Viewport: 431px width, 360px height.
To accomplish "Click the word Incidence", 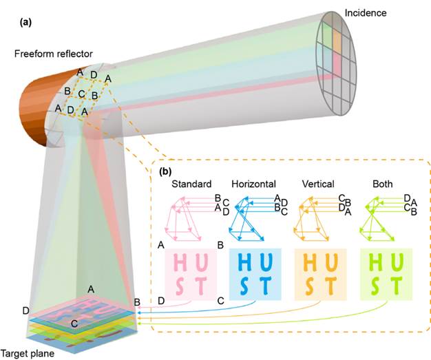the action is coord(366,13).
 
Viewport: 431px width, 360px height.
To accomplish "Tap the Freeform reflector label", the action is coord(53,54).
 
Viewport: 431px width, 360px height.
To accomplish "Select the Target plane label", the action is coord(28,353).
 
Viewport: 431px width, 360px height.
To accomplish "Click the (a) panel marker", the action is coord(26,23).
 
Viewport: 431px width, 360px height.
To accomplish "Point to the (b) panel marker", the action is coord(165,172).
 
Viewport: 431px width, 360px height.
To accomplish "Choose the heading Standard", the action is coord(191,184).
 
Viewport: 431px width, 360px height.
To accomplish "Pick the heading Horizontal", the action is coord(253,184).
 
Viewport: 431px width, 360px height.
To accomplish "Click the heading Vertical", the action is coord(318,184).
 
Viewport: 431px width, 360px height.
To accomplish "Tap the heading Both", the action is coord(382,184).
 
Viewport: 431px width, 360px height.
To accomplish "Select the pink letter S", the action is coord(180,286).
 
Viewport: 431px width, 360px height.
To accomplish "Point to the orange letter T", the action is coord(330,285).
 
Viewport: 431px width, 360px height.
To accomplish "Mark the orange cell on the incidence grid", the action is coord(337,41).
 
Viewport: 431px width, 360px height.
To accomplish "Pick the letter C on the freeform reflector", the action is coord(81,94).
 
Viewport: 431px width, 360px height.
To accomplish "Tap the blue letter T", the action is coord(265,285).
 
